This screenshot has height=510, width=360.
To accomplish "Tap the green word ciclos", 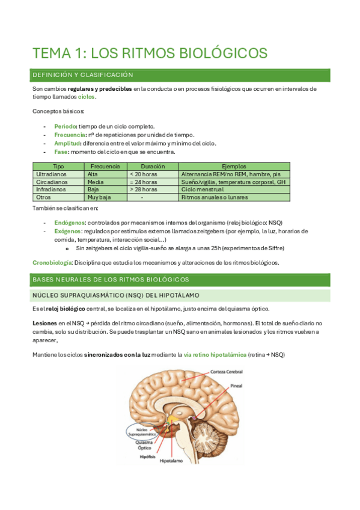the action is [87, 97].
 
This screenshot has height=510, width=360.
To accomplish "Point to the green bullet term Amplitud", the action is [68, 143].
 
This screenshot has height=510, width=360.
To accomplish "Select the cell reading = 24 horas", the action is [144, 181].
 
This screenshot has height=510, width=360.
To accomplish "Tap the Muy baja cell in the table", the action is [100, 197].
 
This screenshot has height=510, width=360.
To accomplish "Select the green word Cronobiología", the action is [52, 262].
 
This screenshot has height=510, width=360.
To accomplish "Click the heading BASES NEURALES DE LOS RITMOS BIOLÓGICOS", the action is [111, 280].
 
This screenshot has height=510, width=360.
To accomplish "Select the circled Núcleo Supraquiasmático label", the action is [143, 431].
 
